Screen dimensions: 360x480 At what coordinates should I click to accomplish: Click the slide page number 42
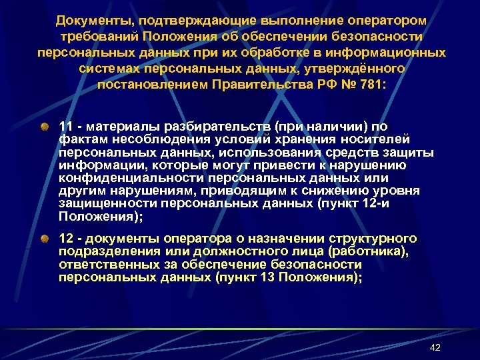[x=435, y=348]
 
